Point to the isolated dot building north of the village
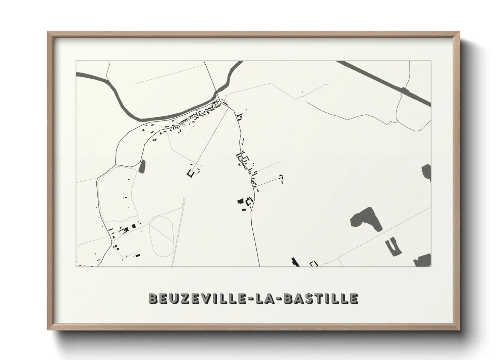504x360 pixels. (302, 92)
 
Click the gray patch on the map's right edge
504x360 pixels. (427, 172)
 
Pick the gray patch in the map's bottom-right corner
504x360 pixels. (423, 260)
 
